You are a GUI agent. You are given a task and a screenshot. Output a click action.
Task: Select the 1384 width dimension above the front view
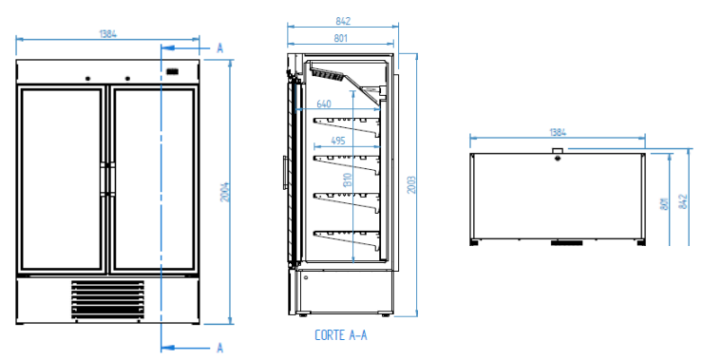(107, 34)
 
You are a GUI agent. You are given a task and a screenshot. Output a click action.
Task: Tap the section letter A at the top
(219, 47)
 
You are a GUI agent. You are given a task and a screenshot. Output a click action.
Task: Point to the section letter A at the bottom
(219, 348)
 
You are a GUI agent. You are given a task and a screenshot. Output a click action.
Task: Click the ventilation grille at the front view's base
(108, 299)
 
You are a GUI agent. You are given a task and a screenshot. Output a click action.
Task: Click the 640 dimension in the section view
(324, 104)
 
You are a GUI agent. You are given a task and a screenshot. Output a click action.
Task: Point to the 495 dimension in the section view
(337, 141)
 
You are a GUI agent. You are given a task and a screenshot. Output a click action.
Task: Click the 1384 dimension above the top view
(560, 134)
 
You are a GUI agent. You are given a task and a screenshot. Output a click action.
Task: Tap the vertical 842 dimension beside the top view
(683, 199)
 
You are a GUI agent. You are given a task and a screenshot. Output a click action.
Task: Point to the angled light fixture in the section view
(328, 74)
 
